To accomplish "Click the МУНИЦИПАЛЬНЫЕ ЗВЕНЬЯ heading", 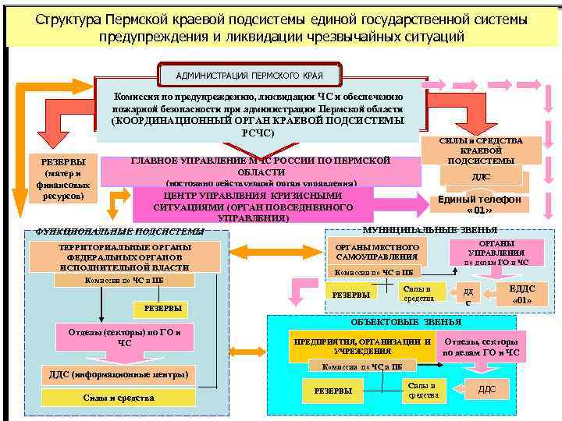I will pos(430,230).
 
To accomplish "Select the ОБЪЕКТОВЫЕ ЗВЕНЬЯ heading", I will pos(415,321).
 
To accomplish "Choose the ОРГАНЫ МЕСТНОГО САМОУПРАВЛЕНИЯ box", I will pos(377,252).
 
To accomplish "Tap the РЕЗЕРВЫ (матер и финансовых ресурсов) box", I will pos(57,179).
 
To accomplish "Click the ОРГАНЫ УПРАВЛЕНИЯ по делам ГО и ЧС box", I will pos(496,252).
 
